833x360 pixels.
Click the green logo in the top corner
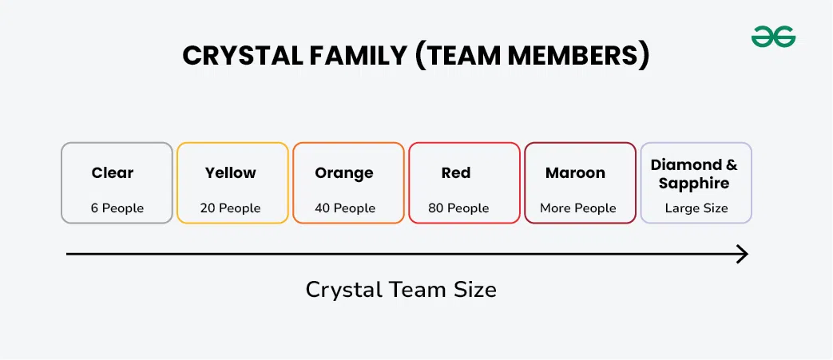[x=773, y=37]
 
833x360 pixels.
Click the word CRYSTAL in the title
[x=242, y=56]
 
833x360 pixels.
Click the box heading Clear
[x=113, y=172]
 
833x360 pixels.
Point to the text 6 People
[x=117, y=208]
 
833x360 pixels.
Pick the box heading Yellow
[x=231, y=172]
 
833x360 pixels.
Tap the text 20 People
[x=231, y=208]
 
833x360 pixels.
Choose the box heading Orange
[x=344, y=173]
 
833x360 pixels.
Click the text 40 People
[x=345, y=208]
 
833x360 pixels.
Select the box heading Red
[x=456, y=172]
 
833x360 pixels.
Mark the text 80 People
[x=458, y=208]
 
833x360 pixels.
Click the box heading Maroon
[x=575, y=172]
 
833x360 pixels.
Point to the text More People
[x=578, y=208]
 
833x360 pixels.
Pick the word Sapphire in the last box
[x=694, y=184]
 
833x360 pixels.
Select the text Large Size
[x=696, y=208]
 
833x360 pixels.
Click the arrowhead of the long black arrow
[x=743, y=255]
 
